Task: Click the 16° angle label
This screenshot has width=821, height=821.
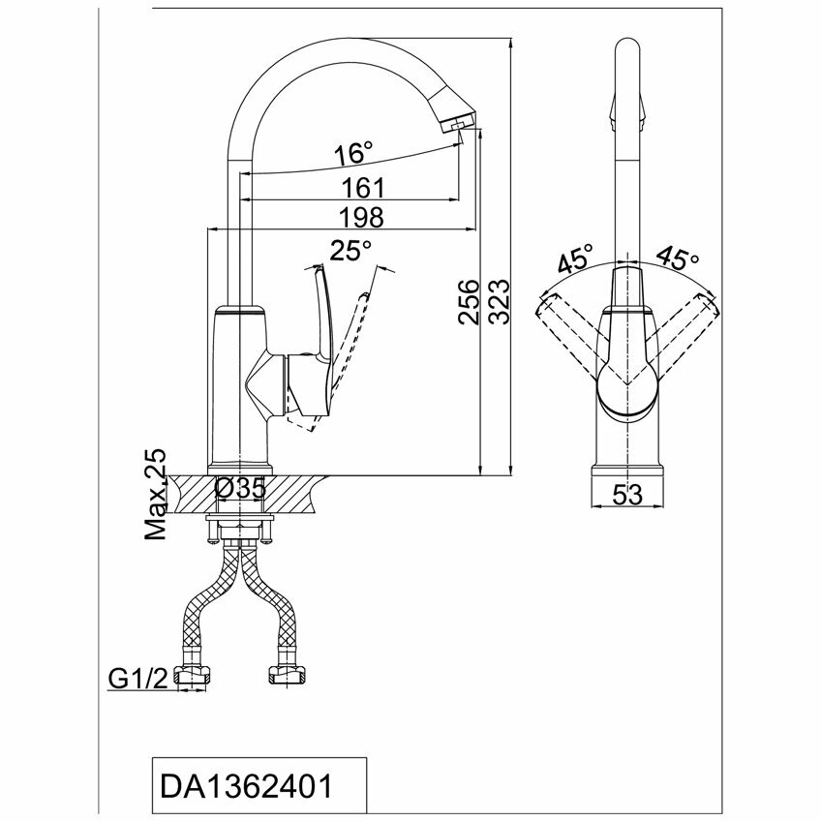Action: (x=353, y=154)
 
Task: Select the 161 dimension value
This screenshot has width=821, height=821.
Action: (x=364, y=186)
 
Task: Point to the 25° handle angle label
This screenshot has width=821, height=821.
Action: (x=350, y=252)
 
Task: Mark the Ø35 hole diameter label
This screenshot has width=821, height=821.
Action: (x=241, y=490)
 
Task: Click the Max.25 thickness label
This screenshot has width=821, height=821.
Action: (x=156, y=494)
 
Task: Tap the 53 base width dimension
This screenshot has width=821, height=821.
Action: (x=628, y=495)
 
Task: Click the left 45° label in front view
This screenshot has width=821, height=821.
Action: (x=574, y=259)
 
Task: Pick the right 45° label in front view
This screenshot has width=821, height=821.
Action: (x=678, y=258)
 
